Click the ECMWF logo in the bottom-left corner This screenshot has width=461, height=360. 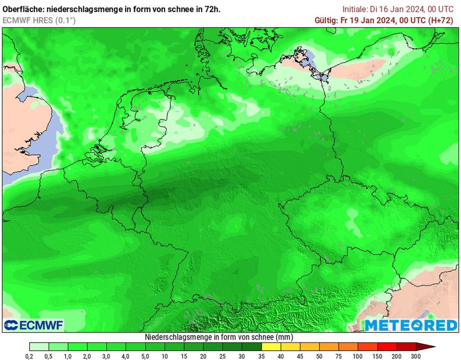click(x=34, y=325)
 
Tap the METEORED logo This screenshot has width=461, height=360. click(x=411, y=325)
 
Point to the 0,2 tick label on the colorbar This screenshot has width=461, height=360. click(x=30, y=356)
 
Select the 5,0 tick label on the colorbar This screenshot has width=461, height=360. click(x=145, y=356)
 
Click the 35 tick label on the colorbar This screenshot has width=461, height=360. click(x=262, y=356)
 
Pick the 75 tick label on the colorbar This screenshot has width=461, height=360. click(x=339, y=356)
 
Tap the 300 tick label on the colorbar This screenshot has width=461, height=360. click(x=416, y=356)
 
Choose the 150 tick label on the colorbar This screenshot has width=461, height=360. click(x=377, y=356)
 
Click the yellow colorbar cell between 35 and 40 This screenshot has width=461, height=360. click(x=271, y=347)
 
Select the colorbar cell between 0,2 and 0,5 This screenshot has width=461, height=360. click(x=39, y=347)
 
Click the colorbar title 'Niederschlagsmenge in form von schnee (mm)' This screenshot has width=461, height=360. click(x=219, y=337)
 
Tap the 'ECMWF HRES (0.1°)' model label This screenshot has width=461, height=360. click(x=39, y=20)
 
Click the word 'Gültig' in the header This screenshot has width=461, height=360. click(x=325, y=20)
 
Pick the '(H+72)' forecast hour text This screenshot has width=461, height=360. click(x=444, y=20)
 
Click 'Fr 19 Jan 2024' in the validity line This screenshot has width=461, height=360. click(x=367, y=20)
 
